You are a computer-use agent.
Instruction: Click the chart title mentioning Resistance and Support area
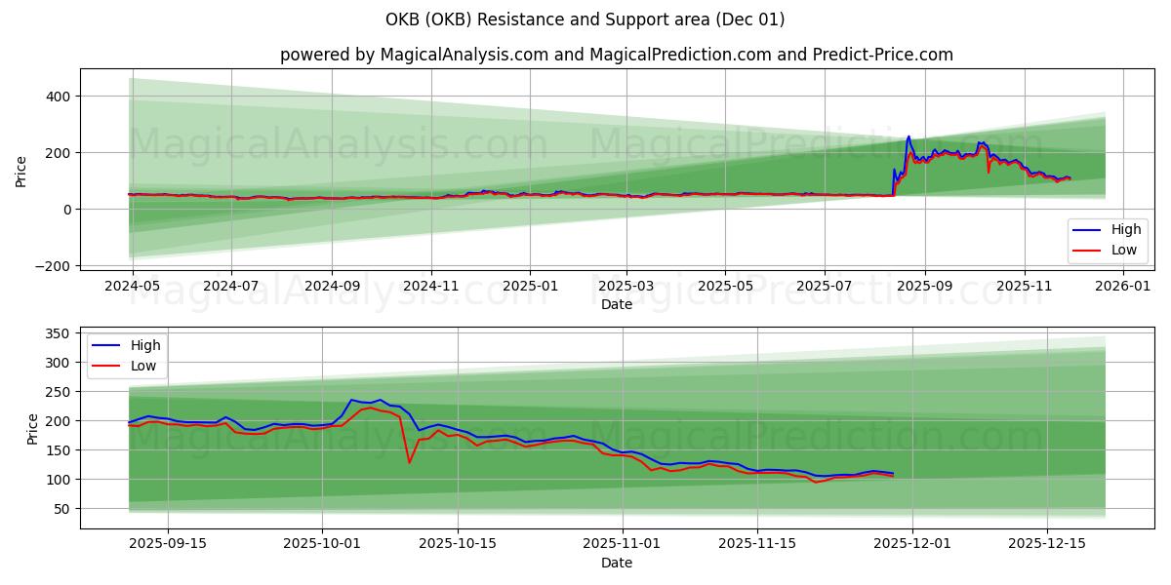pos(585,19)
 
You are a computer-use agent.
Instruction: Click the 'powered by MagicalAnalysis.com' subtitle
pos(616,55)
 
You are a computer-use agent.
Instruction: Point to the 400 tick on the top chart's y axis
pos(57,97)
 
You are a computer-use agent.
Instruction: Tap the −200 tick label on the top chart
pos(52,266)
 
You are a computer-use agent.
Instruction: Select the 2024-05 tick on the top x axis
pos(133,287)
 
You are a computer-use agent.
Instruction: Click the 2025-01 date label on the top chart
pos(530,287)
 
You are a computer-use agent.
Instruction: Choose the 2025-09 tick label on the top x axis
pos(925,287)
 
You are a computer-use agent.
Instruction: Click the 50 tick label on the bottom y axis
pos(61,509)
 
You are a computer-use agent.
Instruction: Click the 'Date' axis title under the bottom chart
pos(616,563)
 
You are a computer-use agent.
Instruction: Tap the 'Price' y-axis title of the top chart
pos(21,170)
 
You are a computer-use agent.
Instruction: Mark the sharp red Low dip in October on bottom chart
pos(409,462)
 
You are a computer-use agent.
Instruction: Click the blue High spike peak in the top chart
pos(909,136)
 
